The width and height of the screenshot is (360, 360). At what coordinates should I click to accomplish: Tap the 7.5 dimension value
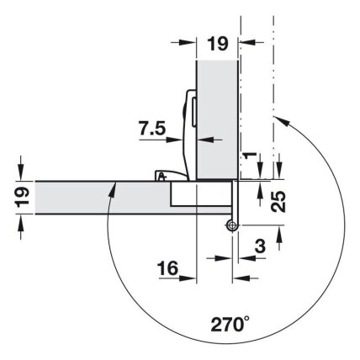point(152,129)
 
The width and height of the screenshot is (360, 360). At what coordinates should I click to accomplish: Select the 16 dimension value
point(167,267)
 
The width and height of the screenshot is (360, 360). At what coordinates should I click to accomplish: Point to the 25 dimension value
point(278,201)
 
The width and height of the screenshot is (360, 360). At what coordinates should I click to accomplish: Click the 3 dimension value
point(261,246)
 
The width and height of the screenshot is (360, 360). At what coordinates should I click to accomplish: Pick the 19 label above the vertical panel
point(218,44)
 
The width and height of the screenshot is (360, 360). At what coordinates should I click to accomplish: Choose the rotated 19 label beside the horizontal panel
point(23,197)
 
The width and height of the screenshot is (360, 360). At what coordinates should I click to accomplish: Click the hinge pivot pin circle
point(231,225)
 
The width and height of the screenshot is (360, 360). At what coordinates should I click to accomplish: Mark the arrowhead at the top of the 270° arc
point(282,121)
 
